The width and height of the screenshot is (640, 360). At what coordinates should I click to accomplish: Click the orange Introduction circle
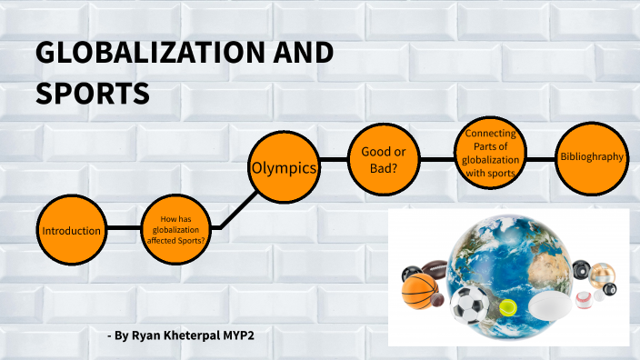pos(72,231)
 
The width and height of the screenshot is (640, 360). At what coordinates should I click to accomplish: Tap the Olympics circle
pos(284,168)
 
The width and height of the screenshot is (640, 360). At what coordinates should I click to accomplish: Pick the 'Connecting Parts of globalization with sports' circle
pos(491,154)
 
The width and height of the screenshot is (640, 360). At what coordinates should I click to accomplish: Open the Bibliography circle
pos(593,157)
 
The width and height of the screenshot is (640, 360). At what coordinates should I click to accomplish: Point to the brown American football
pos(435,270)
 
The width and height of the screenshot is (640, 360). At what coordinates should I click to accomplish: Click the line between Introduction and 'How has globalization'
pos(125,227)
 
